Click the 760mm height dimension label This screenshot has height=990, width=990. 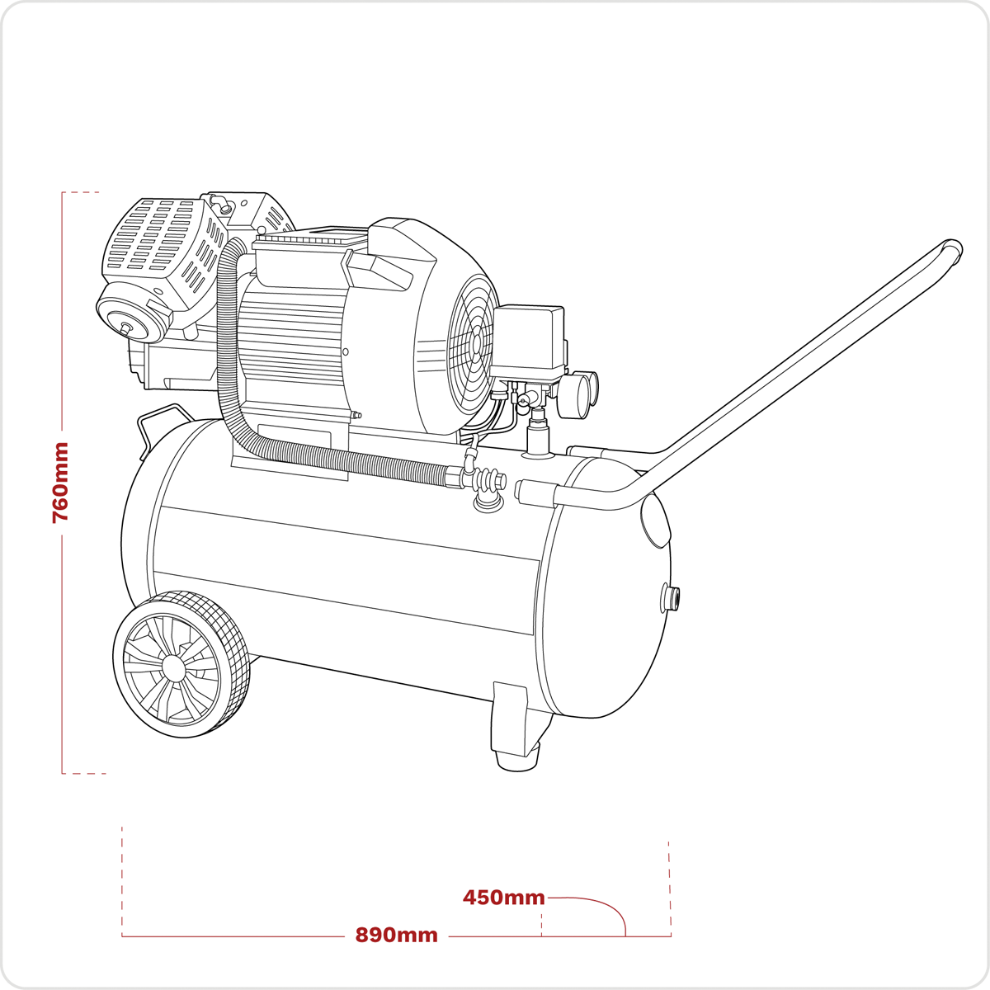pos(60,483)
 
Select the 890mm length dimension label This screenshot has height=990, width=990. pos(396,935)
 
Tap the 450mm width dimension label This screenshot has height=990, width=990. pos(503,897)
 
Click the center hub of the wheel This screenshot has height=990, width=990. pos(173,667)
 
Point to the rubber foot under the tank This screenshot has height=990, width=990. pos(517,761)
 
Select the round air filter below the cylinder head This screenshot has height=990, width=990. pos(130,315)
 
